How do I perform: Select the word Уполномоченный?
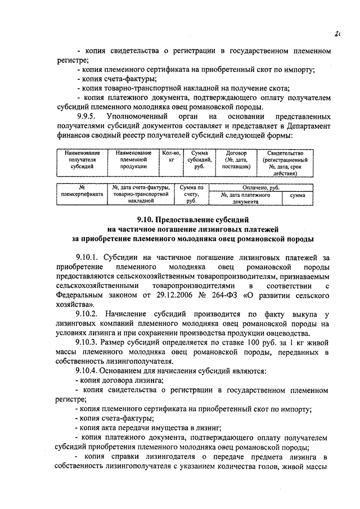tap(145, 116)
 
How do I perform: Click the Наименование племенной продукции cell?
tap(134, 160)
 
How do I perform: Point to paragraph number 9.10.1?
tap(87, 257)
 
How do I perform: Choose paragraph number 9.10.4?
tap(87, 372)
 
